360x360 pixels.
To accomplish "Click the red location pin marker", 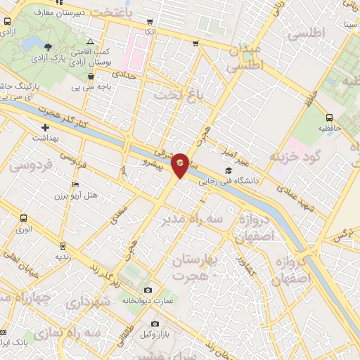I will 181,163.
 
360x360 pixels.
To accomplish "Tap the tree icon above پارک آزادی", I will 48,46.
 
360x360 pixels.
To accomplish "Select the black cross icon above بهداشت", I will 46,128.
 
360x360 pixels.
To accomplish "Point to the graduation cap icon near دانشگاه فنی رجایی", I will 227,170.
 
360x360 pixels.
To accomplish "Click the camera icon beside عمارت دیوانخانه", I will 148,290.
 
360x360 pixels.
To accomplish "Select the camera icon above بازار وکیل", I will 155,323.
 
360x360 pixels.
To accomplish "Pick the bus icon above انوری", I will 24,218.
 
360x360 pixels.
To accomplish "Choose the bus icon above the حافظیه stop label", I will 330,117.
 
